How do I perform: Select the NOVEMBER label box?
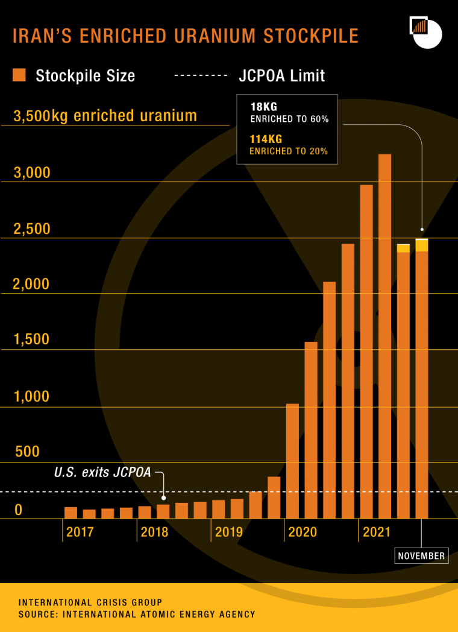[421, 555]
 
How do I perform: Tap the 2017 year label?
[80, 532]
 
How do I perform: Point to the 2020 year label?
[303, 532]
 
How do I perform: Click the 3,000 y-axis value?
[32, 173]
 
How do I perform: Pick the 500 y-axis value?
[27, 452]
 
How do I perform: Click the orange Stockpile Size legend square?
[19, 75]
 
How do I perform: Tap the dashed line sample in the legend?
[201, 75]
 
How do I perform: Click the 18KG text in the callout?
[263, 107]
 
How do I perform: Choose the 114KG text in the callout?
[266, 139]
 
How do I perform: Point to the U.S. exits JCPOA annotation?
[102, 473]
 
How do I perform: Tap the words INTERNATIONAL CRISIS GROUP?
[90, 602]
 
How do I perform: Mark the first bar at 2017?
[71, 513]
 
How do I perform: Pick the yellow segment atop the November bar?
[421, 245]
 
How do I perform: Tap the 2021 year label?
[377, 532]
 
